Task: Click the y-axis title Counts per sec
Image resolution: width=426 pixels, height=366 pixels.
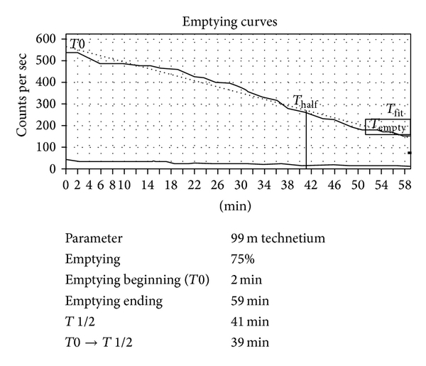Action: click(23, 100)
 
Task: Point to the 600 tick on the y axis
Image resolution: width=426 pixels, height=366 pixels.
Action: click(52, 38)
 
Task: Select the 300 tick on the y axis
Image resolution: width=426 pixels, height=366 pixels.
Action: click(52, 104)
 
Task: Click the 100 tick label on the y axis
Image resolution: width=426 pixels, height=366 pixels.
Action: click(52, 148)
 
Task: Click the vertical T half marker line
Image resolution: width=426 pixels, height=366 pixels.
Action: click(306, 142)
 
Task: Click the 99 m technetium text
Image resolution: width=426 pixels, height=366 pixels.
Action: click(273, 239)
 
